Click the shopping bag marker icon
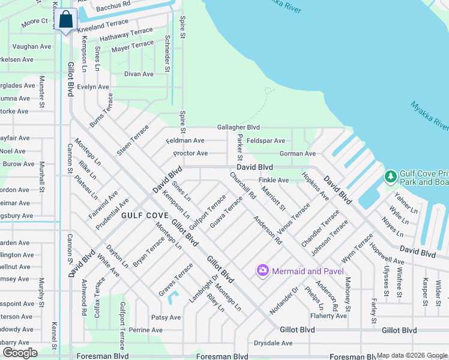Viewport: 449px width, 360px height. click(67, 20)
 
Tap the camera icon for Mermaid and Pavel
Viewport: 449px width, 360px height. click(262, 271)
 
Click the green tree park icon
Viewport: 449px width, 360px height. click(390, 177)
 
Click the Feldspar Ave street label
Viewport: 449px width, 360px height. click(266, 140)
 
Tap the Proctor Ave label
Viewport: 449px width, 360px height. click(190, 153)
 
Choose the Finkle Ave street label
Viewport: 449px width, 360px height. click(274, 180)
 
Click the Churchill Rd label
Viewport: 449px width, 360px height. click(243, 187)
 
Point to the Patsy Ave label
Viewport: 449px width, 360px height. click(166, 317)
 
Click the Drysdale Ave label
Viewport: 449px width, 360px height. click(273, 343)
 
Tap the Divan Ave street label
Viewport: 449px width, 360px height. click(139, 74)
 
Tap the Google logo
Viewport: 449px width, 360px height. click(20, 353)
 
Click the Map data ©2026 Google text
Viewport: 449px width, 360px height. click(412, 355)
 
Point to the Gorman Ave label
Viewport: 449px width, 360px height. click(297, 154)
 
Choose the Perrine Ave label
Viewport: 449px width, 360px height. click(146, 330)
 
